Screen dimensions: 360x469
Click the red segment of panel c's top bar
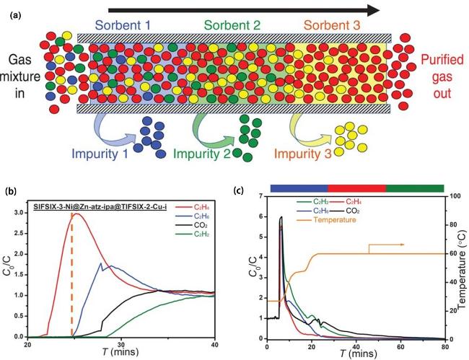(357, 188)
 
